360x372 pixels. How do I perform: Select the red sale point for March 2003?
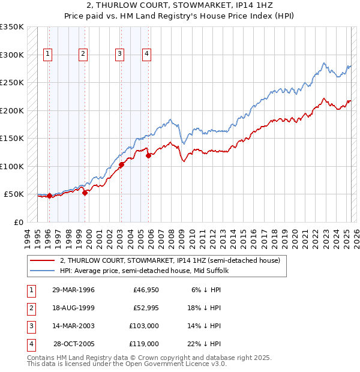121,164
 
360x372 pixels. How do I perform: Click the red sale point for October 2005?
148,155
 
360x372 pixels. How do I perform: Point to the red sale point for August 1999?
85,193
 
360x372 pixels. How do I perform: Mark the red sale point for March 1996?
49,196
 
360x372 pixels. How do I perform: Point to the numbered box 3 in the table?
31,326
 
